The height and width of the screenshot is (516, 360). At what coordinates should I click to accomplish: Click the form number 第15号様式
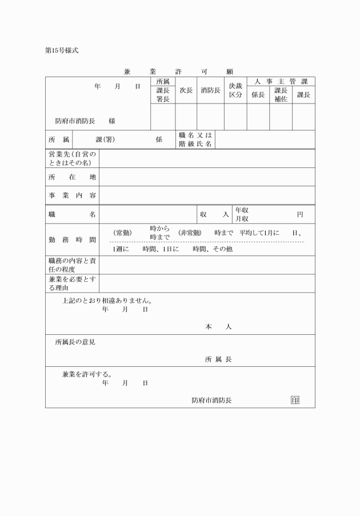point(61,50)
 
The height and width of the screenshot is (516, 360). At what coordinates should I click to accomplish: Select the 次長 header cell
point(186,90)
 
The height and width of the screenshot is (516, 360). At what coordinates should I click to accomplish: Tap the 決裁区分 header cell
point(235,90)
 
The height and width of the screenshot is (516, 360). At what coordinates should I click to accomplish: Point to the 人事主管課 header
point(281,82)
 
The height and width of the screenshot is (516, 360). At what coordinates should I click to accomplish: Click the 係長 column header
point(258,95)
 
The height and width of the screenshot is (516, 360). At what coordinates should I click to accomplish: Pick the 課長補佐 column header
point(281,95)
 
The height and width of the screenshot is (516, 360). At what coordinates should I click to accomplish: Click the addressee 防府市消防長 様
point(85,121)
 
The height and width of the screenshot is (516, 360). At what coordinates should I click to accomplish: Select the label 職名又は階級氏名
point(195,139)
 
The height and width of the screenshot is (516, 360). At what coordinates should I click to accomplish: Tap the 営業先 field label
point(72,158)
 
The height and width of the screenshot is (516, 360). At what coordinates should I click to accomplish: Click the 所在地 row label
point(72,177)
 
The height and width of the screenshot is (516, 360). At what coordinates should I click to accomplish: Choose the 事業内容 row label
point(72,195)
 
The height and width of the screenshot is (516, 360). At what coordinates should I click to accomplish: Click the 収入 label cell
point(214,214)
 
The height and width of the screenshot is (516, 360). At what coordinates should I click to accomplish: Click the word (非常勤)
point(189,233)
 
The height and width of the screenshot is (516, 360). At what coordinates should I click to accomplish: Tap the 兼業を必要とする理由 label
point(72,283)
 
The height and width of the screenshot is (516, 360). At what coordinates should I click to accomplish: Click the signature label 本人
point(218,327)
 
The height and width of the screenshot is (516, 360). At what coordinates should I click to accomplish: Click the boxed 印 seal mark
point(295,400)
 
